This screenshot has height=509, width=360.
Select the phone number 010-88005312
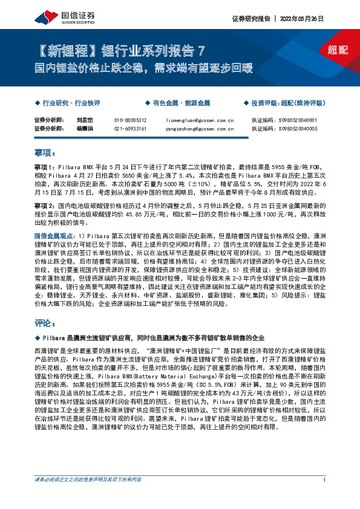click(130, 120)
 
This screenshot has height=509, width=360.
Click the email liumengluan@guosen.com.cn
click(200, 120)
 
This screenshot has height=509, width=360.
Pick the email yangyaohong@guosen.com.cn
click(200, 129)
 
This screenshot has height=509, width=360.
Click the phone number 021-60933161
click(130, 129)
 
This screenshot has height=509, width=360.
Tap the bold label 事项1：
click(44, 165)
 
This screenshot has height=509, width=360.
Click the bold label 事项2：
click(44, 206)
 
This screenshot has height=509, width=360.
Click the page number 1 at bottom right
click(325, 497)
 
